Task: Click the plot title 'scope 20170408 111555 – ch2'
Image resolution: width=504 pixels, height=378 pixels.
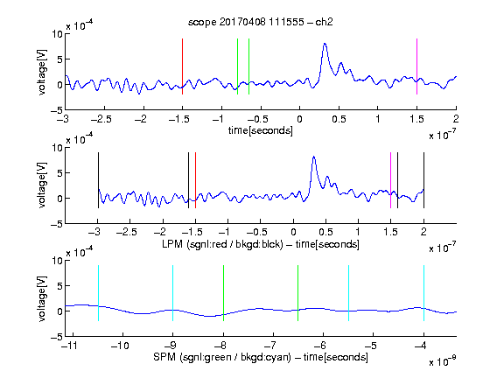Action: coord(261,22)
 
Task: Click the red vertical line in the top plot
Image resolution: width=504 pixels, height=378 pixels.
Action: coord(182,66)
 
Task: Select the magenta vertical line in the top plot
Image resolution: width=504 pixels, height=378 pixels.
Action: coord(416,66)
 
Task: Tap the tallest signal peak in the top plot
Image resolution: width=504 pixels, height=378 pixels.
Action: coord(325,44)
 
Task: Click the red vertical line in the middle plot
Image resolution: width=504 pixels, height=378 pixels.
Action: coord(195,180)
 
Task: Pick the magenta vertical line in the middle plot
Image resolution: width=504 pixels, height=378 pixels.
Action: coord(390,180)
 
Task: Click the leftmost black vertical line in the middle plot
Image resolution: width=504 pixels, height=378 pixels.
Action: coord(98,180)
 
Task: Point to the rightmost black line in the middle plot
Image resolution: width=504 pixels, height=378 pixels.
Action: coord(423,180)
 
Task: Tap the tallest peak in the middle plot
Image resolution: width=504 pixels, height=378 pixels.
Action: coord(314,157)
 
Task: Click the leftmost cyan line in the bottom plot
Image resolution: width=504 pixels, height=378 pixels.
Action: coord(98,293)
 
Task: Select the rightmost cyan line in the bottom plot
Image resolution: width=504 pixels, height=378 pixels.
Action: coord(423,293)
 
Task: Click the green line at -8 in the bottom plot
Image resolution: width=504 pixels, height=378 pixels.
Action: coord(223,293)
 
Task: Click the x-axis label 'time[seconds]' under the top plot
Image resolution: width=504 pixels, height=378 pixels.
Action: coord(261,130)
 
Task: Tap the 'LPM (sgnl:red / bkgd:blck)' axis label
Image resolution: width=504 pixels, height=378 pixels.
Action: coord(222,244)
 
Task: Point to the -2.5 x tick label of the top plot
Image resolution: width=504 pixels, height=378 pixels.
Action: coord(101,119)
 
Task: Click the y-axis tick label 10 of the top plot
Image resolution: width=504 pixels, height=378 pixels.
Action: coord(58,34)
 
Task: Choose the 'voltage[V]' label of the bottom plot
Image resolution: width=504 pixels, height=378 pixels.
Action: coord(42,298)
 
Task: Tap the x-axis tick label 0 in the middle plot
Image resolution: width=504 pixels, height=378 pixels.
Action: coord(293,232)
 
